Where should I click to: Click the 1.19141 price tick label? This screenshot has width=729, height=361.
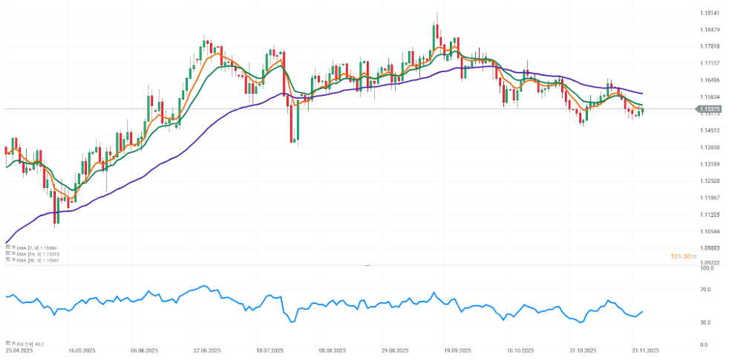(x=710, y=13)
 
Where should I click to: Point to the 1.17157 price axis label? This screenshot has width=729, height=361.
(x=710, y=63)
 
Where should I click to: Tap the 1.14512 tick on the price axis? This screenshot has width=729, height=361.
(x=710, y=131)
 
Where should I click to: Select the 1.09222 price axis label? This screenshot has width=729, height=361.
(x=710, y=263)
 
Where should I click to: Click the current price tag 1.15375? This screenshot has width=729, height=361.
(x=709, y=109)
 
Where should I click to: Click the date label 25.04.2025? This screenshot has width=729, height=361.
(x=18, y=350)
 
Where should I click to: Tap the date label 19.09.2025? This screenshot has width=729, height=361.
(x=458, y=350)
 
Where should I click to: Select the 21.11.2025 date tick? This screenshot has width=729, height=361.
(x=647, y=350)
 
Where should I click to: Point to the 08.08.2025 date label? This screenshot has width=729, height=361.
(x=333, y=350)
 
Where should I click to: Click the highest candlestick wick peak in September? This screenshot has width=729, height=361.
(x=437, y=12)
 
